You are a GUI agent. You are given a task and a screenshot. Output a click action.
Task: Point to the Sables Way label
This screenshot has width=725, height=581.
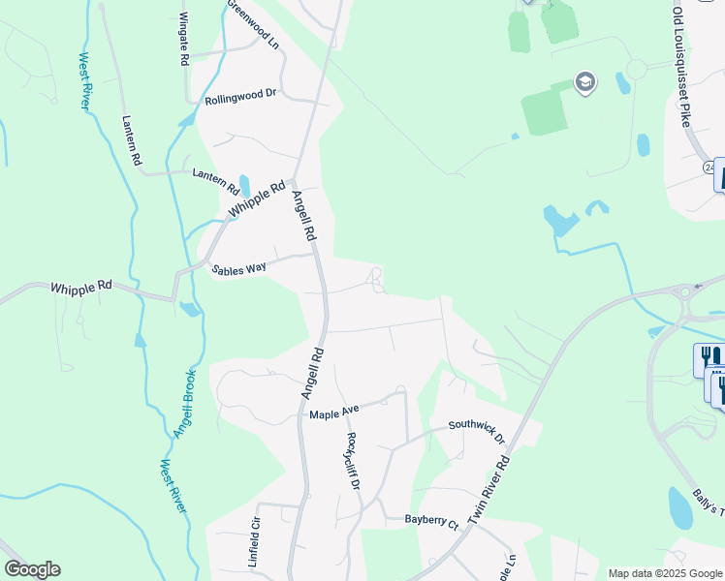pyautogui.click(x=238, y=270)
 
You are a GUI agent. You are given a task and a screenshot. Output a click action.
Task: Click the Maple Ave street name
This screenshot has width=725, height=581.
pyautogui.click(x=334, y=414)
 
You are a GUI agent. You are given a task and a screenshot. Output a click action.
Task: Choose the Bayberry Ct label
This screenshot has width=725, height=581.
pyautogui.click(x=431, y=522)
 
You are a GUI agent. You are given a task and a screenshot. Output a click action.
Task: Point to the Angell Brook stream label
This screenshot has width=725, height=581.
pyautogui.click(x=184, y=403)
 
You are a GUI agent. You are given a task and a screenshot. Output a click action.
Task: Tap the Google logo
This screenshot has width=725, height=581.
pyautogui.click(x=32, y=569)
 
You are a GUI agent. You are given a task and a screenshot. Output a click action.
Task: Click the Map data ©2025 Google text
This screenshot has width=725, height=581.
pyautogui.click(x=664, y=573)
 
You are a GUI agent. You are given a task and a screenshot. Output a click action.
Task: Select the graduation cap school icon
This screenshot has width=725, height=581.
pyautogui.click(x=584, y=82)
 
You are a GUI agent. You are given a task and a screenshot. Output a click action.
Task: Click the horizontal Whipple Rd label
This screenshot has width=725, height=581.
pyautogui.click(x=81, y=287)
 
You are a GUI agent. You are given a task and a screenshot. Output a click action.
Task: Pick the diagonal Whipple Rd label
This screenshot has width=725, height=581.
pyautogui.click(x=258, y=199)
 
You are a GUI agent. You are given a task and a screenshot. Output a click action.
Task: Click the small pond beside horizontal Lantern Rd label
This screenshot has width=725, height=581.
pyautogui.click(x=243, y=185)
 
